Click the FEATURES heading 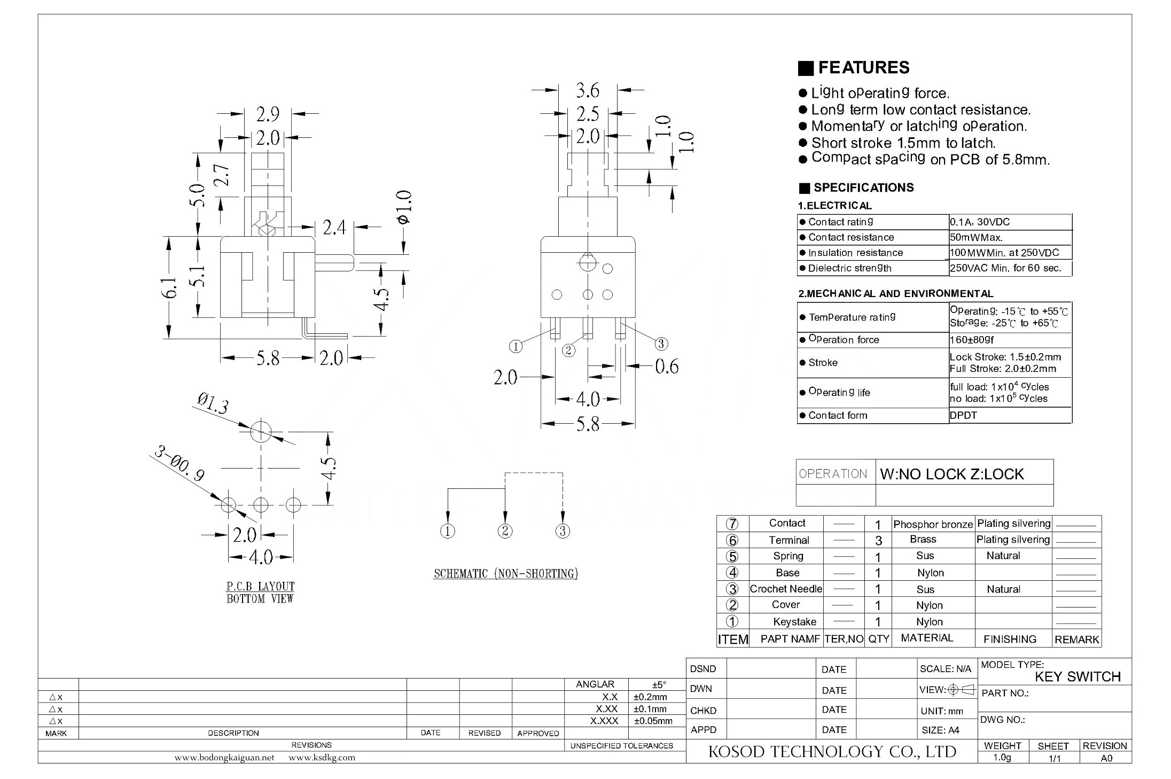[x=863, y=67]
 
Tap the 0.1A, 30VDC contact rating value [x=980, y=222]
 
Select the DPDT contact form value [x=963, y=415]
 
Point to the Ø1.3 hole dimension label [x=213, y=404]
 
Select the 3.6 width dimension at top [x=588, y=90]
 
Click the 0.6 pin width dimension [x=667, y=367]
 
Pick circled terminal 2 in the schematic [x=505, y=531]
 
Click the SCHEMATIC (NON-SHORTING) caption [x=506, y=574]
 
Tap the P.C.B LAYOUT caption [x=260, y=586]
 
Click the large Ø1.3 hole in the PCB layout [x=261, y=431]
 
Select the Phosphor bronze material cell [x=933, y=524]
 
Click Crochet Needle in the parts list [x=786, y=589]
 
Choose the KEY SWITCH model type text [x=1078, y=676]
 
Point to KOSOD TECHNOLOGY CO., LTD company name [x=832, y=752]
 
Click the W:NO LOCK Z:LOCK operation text [x=951, y=474]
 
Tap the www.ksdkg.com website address [x=322, y=757]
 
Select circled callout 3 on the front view [x=661, y=344]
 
